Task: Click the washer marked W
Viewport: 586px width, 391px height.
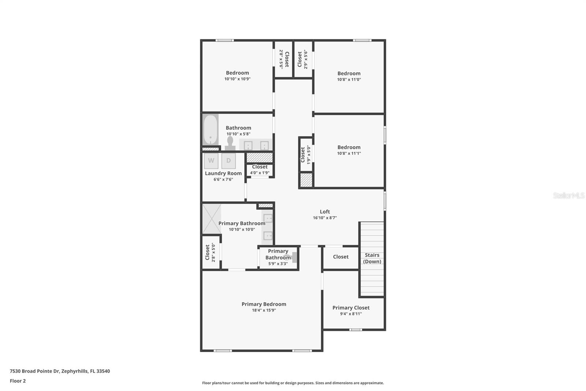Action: tap(211, 161)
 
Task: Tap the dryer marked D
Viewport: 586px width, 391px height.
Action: tap(229, 161)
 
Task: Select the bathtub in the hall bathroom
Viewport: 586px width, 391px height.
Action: tap(211, 130)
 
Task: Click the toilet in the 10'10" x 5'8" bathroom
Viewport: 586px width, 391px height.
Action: tap(230, 143)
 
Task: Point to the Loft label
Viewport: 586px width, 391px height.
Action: tap(325, 212)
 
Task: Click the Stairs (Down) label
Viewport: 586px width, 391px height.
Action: tap(372, 258)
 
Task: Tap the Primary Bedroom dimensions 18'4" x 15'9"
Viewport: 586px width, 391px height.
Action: tap(264, 310)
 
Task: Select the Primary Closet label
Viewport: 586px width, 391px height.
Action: tap(351, 308)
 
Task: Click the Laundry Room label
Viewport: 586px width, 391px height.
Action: tap(223, 173)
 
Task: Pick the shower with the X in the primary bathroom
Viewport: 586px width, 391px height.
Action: tap(212, 219)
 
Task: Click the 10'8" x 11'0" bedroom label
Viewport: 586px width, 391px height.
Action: tap(349, 73)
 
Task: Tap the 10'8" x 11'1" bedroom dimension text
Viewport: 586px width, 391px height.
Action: tap(349, 153)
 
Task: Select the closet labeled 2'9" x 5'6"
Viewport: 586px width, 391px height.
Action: tap(303, 59)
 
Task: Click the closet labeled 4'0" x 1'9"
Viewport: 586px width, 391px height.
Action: tap(260, 169)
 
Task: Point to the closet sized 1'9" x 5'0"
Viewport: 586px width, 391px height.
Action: tap(305, 154)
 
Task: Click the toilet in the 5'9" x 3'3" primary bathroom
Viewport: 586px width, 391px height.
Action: tap(293, 257)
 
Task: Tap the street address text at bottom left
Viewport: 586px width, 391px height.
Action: tap(60, 371)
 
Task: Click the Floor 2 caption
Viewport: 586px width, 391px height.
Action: tap(18, 381)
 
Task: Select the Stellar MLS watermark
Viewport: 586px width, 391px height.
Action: tap(568, 195)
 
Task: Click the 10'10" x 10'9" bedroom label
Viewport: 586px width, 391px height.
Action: tap(237, 73)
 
